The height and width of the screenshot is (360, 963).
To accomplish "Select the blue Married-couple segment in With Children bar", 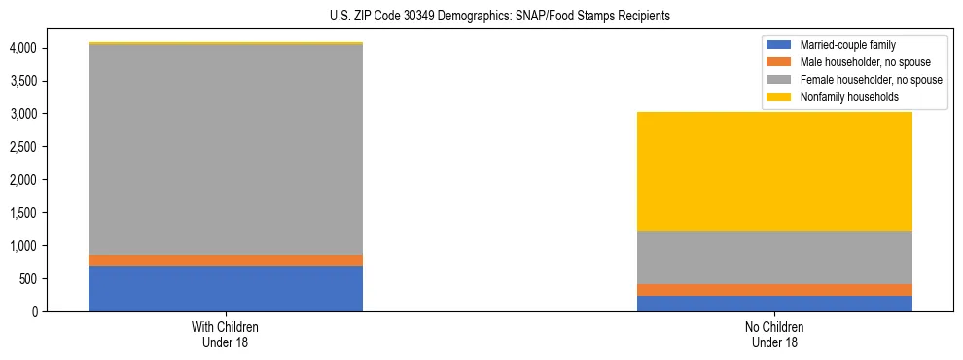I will (x=226, y=288).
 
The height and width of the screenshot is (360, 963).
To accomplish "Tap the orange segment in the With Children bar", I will (x=226, y=260).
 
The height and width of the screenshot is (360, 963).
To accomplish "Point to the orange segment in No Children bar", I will (x=774, y=290).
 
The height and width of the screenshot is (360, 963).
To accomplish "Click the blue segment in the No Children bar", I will (x=774, y=304).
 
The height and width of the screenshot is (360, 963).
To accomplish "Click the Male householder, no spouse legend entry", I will (x=861, y=62).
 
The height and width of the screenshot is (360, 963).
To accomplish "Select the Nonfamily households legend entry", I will (x=846, y=97).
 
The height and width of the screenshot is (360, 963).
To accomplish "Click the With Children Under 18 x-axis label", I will (x=226, y=334).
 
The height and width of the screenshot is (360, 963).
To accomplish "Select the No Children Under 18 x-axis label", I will (x=774, y=334).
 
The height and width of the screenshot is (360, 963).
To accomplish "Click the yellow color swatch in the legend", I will (x=779, y=97).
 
